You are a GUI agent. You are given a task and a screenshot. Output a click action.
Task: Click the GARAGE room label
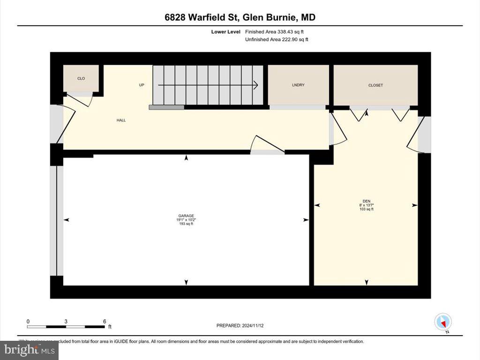[186, 216]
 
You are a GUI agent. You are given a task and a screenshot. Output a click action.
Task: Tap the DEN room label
[367, 201]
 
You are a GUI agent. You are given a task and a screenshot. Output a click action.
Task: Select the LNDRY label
[298, 85]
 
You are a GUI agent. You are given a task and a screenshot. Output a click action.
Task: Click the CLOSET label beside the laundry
[375, 85]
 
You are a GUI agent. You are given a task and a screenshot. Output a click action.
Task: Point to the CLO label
[81, 78]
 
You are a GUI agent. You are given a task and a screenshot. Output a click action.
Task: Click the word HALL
[121, 120]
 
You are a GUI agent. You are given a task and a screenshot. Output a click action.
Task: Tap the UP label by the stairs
[142, 85]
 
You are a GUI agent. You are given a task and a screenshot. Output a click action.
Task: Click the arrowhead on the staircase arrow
[255, 85]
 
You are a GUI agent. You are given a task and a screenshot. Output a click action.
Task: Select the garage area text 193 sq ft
[186, 224]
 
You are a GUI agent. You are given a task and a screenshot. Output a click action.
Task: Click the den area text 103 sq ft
[367, 209]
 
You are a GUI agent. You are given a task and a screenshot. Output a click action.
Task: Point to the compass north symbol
[443, 322]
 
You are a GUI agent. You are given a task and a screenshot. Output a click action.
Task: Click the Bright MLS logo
[30, 350]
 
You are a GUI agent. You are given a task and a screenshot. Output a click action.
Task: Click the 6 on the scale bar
[105, 321]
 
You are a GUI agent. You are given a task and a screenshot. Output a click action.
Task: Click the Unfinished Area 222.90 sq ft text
[277, 39]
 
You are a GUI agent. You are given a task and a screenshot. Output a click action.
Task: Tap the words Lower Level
[226, 32]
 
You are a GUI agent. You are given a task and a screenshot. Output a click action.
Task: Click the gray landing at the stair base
[166, 107]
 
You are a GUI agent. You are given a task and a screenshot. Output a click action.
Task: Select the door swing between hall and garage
[267, 146]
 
